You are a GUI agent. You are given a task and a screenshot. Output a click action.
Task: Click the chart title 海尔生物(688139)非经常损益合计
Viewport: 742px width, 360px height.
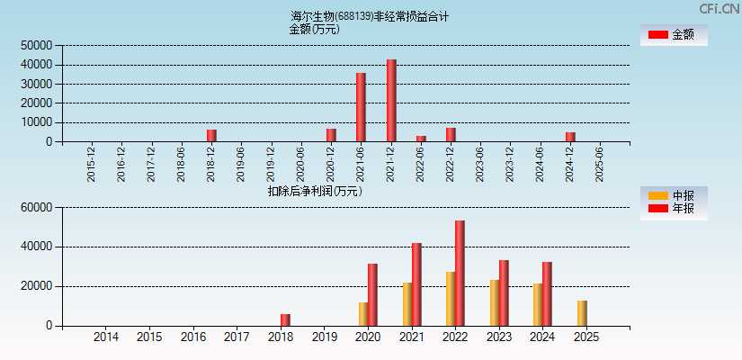coord(370,16)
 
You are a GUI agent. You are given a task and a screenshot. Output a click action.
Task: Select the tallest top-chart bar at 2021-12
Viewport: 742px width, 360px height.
coord(391,101)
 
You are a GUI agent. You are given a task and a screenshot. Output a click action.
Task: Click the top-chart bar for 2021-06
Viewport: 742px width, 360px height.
coord(361,107)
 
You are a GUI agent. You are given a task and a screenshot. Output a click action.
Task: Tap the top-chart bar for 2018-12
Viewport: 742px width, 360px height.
coord(211,136)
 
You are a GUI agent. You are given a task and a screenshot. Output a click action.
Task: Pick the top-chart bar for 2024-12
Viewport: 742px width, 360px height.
coord(570,137)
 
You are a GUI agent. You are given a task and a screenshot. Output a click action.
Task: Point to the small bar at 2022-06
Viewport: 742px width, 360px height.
coord(421,139)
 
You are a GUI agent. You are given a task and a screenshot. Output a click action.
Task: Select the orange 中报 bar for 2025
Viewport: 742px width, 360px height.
coord(582,313)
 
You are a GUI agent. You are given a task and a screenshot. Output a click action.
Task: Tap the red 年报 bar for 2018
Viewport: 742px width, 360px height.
coord(285,319)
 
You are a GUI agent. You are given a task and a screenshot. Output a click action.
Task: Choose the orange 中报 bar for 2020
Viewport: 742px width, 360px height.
coord(363,314)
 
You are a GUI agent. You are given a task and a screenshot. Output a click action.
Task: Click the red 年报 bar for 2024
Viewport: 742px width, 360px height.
coord(547,293)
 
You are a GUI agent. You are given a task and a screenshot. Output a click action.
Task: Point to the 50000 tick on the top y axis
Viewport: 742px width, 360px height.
coord(37,45)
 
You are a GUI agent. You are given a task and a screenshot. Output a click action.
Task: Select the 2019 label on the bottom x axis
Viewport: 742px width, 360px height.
coord(325,337)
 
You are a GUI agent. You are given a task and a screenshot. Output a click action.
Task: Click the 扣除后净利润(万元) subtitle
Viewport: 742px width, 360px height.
coord(314,191)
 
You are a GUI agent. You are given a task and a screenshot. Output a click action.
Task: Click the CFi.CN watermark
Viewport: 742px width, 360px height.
coord(720,9)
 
